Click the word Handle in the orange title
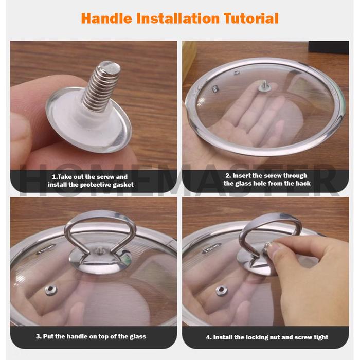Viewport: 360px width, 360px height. tap(106, 19)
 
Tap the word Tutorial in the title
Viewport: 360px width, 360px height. tap(251, 19)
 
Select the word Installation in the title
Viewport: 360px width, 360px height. tap(178, 19)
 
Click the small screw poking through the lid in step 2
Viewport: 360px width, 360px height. tap(265, 86)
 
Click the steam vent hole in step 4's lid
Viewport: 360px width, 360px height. tap(222, 291)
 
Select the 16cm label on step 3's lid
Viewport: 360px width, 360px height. tap(46, 249)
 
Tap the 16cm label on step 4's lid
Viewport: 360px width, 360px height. tap(211, 248)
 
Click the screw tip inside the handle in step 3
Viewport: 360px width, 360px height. tap(99, 249)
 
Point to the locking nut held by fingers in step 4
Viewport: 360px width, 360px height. tap(268, 246)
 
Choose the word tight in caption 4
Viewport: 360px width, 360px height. tap(320, 337)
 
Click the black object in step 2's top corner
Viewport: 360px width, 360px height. tap(329, 47)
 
